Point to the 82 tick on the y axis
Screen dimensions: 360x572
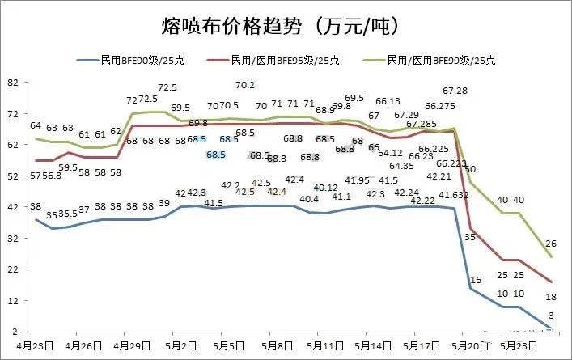12,82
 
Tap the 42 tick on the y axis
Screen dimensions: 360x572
12,207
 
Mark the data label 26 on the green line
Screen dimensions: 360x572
550,244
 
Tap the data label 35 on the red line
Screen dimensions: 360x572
470,237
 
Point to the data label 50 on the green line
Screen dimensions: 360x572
470,169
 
